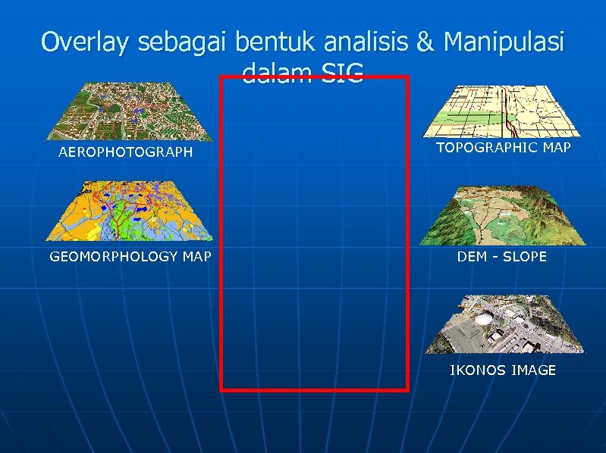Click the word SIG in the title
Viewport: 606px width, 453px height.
pyautogui.click(x=342, y=73)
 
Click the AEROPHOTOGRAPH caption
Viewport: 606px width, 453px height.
pyautogui.click(x=126, y=153)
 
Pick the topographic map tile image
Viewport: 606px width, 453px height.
pyautogui.click(x=504, y=111)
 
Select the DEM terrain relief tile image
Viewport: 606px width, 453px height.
pyautogui.click(x=504, y=217)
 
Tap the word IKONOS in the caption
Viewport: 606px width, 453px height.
pyautogui.click(x=476, y=370)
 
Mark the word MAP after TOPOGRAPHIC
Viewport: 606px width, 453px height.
pyautogui.click(x=557, y=148)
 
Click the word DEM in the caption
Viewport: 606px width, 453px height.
pyautogui.click(x=471, y=257)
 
